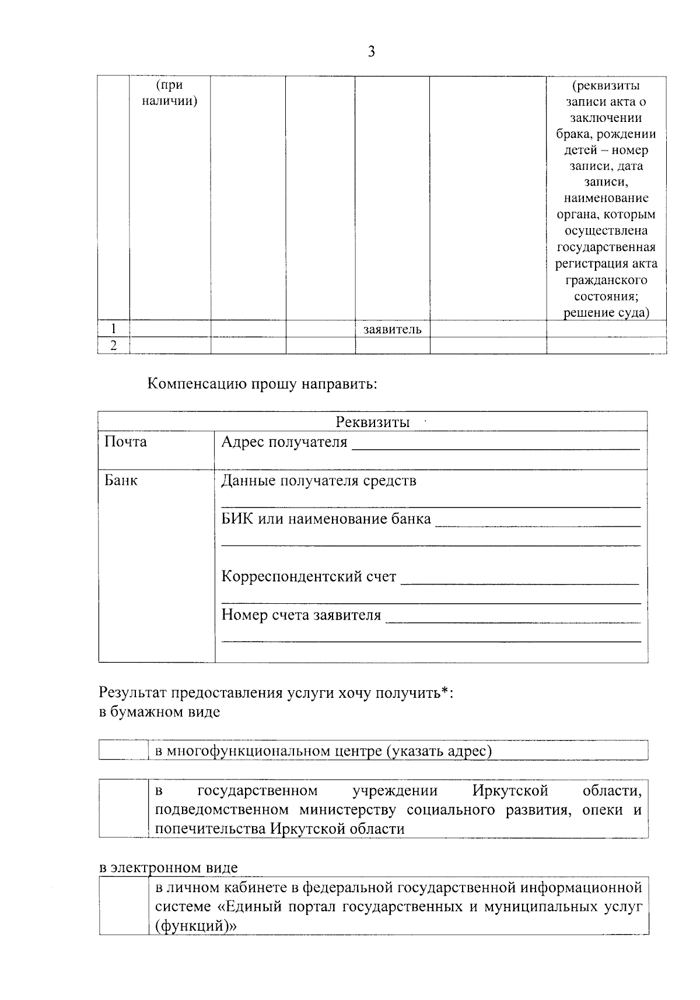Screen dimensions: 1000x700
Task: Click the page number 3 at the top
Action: point(372,53)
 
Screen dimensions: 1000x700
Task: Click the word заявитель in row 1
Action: point(392,330)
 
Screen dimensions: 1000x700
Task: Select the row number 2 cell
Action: point(113,345)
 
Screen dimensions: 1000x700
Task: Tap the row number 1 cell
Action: point(113,328)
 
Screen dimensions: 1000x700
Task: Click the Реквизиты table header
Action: point(372,422)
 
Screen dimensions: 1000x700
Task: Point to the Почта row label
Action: point(125,442)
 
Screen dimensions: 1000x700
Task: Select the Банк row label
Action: point(121,481)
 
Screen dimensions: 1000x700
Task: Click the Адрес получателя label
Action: point(284,442)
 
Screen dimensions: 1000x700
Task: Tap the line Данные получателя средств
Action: point(318,481)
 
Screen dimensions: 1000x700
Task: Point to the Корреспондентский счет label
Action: point(309,577)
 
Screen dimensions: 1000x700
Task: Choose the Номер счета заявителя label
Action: point(301,615)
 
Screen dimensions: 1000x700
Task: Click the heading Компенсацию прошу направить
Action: point(262,384)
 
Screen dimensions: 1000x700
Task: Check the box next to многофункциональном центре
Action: point(123,750)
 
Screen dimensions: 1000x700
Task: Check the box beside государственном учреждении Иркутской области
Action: point(123,809)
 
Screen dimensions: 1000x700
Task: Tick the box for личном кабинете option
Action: point(123,906)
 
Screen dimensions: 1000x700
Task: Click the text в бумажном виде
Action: point(159,712)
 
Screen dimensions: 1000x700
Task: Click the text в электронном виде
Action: point(168,868)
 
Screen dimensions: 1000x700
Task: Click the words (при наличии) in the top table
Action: point(169,93)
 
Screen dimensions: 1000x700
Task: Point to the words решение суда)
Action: point(606,312)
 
